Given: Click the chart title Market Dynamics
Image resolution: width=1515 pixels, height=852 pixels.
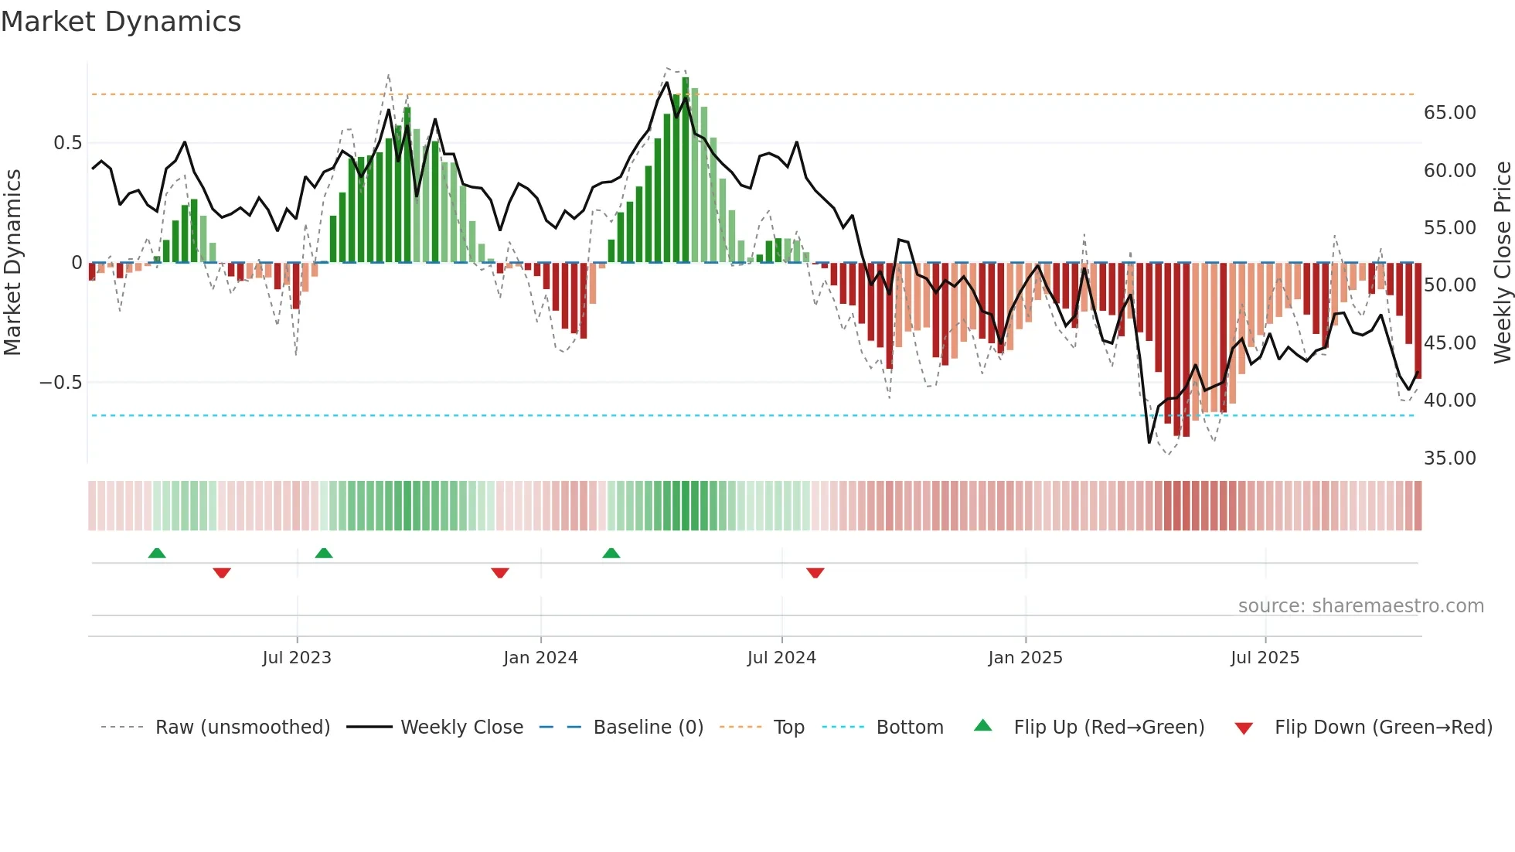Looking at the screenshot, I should [x=121, y=22].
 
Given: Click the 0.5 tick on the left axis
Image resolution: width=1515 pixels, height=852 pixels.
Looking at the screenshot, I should [x=67, y=143].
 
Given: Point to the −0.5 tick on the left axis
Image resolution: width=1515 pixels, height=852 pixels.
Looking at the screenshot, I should [x=61, y=383].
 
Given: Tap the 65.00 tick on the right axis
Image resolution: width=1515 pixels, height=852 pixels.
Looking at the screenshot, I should [x=1449, y=113].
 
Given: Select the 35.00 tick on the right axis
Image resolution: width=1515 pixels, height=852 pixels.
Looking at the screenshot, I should [x=1449, y=458].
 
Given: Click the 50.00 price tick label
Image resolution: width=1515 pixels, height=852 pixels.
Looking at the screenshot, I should [x=1449, y=285].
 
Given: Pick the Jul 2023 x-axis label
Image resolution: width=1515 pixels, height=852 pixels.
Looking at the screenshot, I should [x=297, y=658].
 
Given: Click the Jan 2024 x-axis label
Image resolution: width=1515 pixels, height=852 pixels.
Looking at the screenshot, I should [x=540, y=658].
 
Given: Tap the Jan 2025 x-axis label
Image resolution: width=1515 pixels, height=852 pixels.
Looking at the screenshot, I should [x=1025, y=658].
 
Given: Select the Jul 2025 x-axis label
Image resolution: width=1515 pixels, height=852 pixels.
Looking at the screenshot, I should [x=1265, y=658].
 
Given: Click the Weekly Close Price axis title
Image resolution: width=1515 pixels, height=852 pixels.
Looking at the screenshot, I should [x=1502, y=263].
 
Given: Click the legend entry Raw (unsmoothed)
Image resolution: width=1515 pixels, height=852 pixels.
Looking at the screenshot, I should [x=242, y=728].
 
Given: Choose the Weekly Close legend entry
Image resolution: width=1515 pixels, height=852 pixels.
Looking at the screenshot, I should [x=461, y=728].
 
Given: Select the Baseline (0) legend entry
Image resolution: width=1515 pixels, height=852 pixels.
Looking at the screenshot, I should [x=648, y=728].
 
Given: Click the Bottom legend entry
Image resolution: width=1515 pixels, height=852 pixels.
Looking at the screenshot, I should [x=909, y=728].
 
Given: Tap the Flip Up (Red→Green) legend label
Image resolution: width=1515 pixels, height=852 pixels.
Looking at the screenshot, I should [x=1108, y=728].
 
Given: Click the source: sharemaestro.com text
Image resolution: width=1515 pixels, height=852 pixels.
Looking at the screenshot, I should [x=1360, y=606].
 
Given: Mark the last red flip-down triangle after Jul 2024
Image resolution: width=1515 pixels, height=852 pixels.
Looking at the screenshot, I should [x=815, y=573].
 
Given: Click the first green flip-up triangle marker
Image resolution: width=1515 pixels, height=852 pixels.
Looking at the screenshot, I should [x=157, y=553].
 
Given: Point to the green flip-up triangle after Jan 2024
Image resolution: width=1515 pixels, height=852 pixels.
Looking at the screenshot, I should [x=611, y=553].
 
